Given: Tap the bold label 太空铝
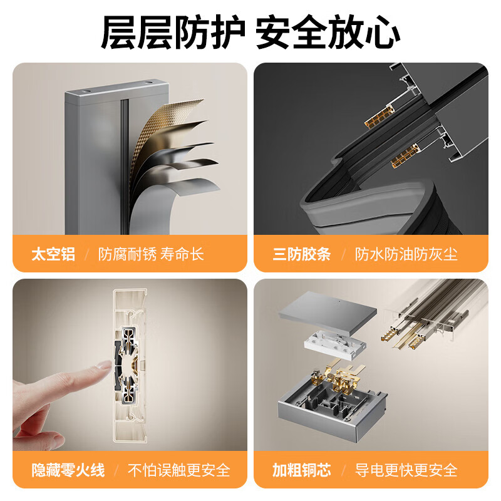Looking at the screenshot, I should pos(53,254).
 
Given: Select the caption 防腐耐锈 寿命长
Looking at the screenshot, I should pos(151,254).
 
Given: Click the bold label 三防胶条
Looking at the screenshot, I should pos(301,254).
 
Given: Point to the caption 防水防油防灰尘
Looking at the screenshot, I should pos(406,254).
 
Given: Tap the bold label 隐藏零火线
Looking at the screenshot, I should pos(68,470).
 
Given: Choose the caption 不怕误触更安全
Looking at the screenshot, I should pos(179,470).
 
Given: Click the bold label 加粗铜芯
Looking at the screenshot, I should pos(301,470).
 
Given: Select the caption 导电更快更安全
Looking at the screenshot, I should pos(406,470).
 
